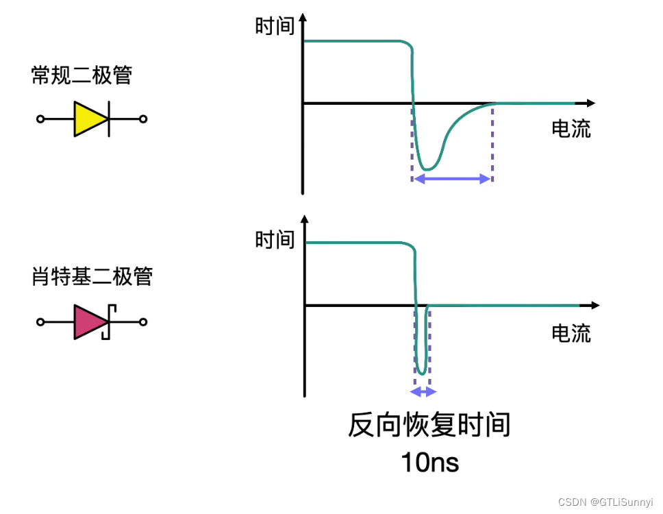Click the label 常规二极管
point(82,75)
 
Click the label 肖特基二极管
point(91,276)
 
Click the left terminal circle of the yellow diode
point(40,119)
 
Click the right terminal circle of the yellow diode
point(143,119)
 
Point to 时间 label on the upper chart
point(275,26)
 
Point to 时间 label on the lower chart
point(275,240)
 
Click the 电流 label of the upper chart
point(571,129)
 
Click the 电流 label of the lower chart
point(571,334)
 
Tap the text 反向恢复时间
point(429,425)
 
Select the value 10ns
point(429,463)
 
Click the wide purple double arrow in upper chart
point(452,179)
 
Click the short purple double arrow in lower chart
point(423,392)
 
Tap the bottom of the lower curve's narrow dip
point(423,374)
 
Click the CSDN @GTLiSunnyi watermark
point(605,502)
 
